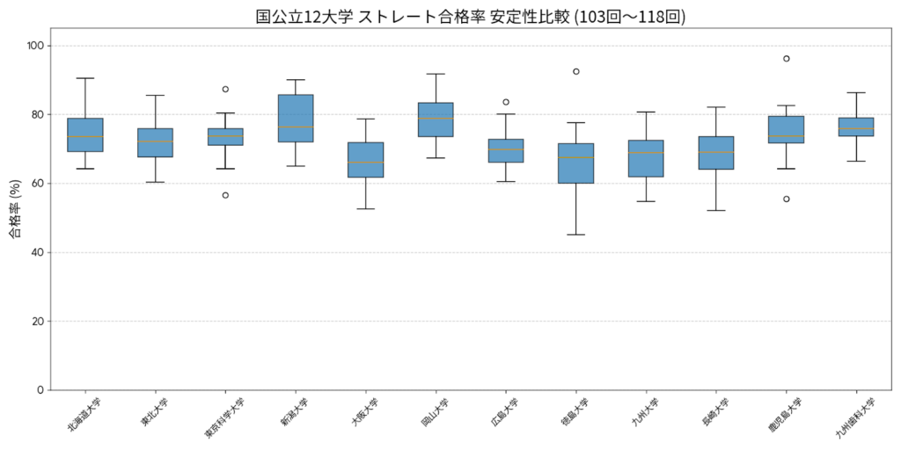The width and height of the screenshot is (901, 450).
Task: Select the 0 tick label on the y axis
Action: click(40, 390)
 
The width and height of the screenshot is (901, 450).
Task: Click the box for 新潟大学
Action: click(296, 118)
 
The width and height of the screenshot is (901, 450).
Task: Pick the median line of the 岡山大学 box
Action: click(436, 118)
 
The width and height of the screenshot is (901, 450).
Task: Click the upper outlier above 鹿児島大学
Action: click(787, 59)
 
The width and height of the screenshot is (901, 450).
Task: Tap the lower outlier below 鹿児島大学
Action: click(787, 199)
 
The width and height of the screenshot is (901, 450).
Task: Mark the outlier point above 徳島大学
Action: click(576, 71)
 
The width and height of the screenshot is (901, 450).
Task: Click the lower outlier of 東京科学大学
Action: click(225, 195)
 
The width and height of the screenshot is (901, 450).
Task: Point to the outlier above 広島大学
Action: click(506, 102)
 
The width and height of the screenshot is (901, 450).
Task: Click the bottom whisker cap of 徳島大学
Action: click(576, 235)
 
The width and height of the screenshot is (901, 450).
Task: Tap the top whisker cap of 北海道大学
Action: click(85, 78)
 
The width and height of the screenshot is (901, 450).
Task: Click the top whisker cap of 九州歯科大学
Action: click(856, 92)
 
